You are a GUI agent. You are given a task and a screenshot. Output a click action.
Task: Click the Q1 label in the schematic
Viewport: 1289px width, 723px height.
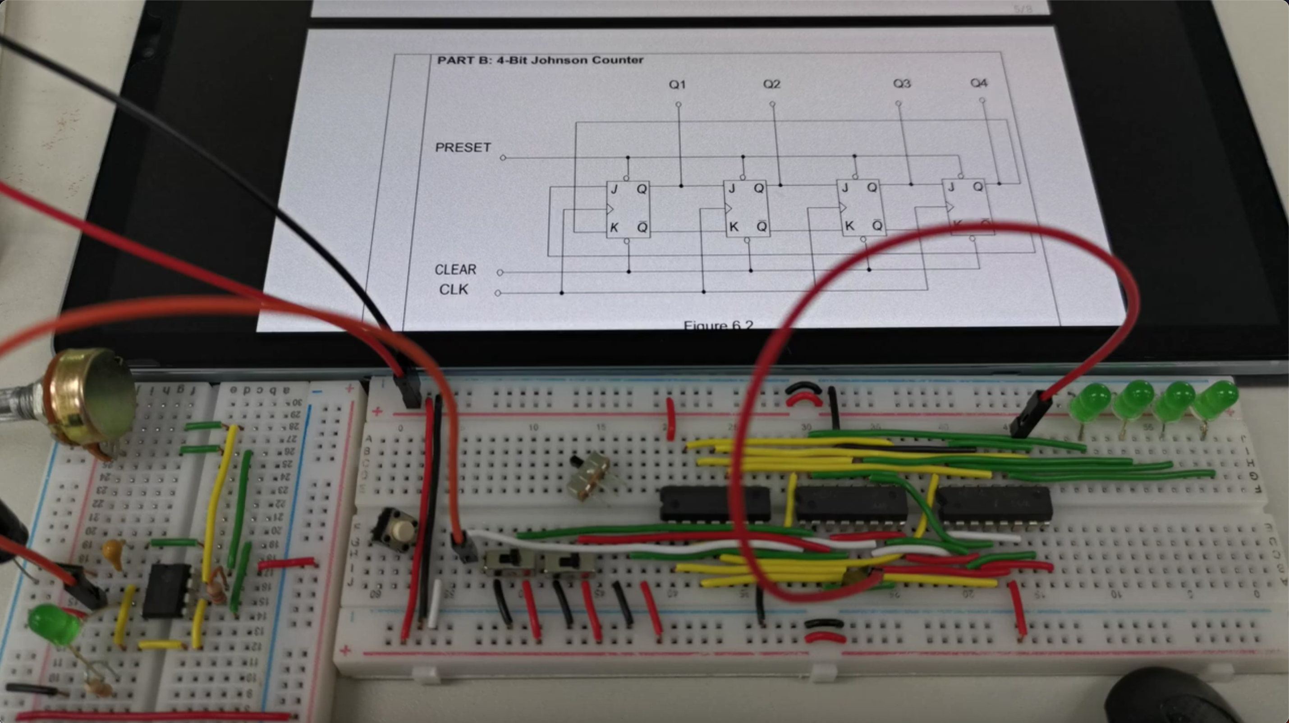pyautogui.click(x=677, y=85)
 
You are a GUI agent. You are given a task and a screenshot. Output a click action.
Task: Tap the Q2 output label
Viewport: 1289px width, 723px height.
pyautogui.click(x=771, y=84)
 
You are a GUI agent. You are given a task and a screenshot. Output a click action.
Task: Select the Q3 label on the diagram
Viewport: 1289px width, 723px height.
pyautogui.click(x=902, y=83)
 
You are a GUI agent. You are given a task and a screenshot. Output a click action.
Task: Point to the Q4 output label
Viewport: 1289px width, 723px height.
pyautogui.click(x=978, y=83)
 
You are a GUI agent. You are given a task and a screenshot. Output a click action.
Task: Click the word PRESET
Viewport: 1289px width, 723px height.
pyautogui.click(x=463, y=147)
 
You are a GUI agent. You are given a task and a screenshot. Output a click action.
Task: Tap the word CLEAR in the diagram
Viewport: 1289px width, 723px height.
pyautogui.click(x=455, y=269)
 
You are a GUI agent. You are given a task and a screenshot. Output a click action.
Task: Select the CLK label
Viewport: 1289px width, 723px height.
pyautogui.click(x=454, y=290)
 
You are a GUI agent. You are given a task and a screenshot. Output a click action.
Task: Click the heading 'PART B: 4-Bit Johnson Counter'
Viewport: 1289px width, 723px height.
pyautogui.click(x=540, y=60)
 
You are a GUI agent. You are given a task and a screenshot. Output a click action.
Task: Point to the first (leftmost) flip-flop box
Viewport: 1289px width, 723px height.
pyautogui.click(x=628, y=209)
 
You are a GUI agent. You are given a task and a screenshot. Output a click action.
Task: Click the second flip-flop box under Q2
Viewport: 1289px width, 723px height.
pyautogui.click(x=746, y=209)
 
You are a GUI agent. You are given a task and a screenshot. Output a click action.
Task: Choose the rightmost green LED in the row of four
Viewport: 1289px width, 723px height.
pyautogui.click(x=1216, y=400)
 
